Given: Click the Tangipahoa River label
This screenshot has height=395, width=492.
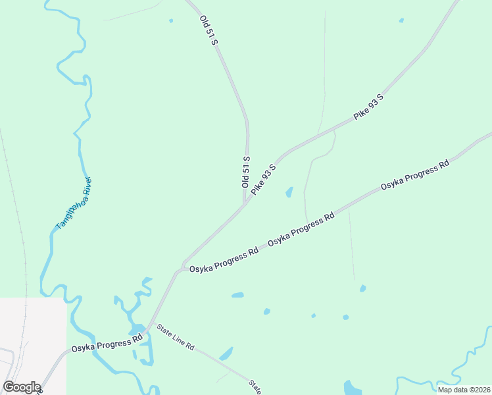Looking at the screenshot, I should click(74, 203).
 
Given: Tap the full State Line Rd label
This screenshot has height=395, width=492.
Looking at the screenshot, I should click(176, 337).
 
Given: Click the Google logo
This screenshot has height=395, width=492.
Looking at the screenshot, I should click(22, 387).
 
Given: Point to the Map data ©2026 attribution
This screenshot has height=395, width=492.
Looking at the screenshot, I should click(464, 390).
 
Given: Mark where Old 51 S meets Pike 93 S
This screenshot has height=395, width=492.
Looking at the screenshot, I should click(245, 203).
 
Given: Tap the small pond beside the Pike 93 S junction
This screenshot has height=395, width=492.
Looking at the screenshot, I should click(289, 192).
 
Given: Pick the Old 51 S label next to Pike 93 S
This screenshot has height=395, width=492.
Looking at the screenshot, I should click(246, 172).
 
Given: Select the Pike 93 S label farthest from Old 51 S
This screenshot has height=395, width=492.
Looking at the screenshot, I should click(368, 107).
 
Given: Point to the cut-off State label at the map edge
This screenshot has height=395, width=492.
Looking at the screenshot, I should click(255, 386).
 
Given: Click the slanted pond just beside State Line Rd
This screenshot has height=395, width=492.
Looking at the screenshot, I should click(226, 354).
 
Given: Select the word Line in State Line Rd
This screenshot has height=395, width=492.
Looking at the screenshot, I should click(176, 337).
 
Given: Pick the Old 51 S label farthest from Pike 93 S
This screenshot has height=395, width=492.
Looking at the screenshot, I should click(209, 29).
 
